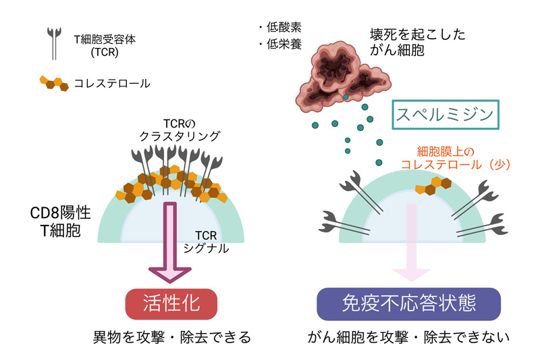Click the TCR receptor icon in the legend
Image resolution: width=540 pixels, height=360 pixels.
coord(54,43)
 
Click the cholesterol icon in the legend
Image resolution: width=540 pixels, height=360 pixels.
coord(54,83)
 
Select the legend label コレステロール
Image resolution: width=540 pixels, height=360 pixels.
coord(112,83)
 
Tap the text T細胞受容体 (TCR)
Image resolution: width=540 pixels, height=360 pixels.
coord(105,45)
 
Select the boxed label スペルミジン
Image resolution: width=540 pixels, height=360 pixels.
coord(446,115)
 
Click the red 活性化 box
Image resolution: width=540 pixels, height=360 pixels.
coord(171,304)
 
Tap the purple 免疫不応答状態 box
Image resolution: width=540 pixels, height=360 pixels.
coord(409,304)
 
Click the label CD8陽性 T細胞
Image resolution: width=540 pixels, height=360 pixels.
coord(60,222)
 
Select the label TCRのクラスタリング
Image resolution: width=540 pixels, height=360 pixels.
coord(179,130)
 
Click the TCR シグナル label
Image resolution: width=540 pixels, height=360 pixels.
coord(206,242)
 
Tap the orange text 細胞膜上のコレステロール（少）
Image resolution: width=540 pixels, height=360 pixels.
coord(455,158)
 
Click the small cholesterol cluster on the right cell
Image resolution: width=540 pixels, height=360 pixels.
coord(433,186)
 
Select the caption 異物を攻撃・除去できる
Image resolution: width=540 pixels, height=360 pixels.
coord(172,337)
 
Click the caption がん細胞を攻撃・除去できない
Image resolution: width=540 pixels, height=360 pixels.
coord(408,337)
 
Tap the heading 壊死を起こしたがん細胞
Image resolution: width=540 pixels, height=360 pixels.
coord(417,42)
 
